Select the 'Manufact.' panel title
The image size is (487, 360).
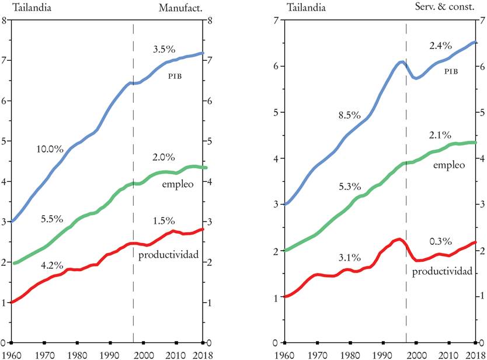point(180,8)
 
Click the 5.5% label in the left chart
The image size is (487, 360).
point(53,219)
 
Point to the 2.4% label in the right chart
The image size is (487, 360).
point(441,45)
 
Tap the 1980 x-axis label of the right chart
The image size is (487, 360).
point(350,354)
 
